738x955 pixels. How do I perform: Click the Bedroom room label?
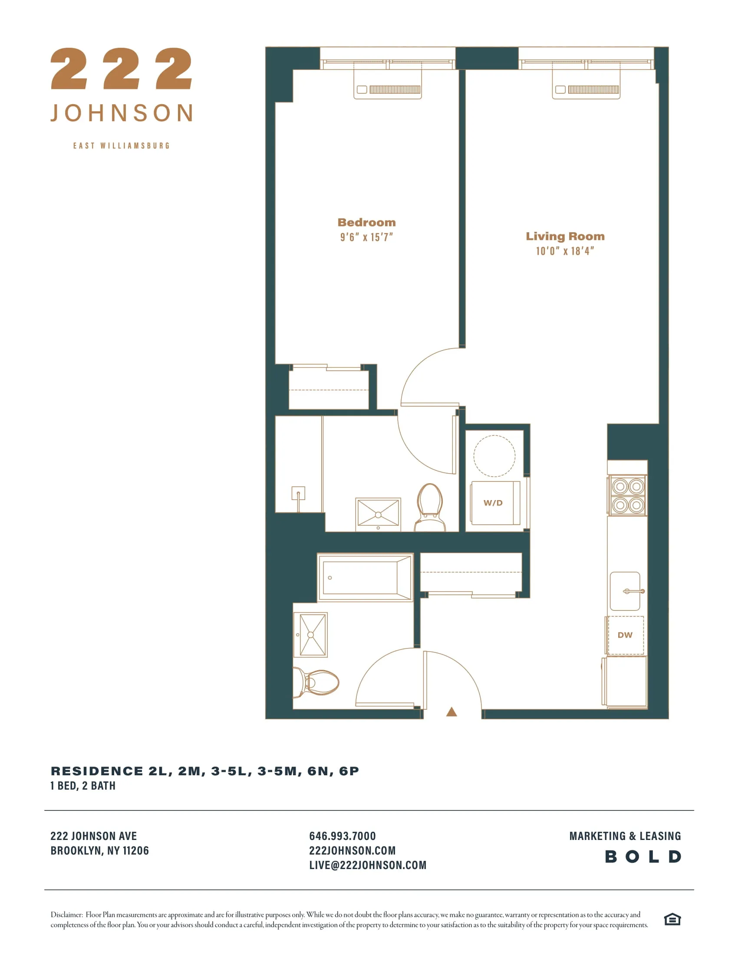366,222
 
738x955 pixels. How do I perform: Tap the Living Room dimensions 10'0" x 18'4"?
565,251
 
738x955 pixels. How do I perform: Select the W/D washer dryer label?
493,503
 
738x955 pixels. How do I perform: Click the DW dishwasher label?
625,635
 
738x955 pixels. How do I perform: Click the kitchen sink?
625,591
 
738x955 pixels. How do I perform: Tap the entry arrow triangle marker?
451,712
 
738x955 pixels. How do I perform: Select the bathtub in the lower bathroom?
365,577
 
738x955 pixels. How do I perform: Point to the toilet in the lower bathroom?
316,682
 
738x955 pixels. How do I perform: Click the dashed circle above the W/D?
494,456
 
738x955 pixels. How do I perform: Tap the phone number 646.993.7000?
343,836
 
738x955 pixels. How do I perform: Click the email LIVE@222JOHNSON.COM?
368,865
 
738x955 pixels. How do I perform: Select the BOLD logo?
642,856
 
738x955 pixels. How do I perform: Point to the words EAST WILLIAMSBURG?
121,145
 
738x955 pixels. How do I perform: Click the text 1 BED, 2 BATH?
83,786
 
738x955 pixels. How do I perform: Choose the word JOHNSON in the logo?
122,113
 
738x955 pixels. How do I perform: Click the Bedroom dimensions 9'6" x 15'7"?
366,237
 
